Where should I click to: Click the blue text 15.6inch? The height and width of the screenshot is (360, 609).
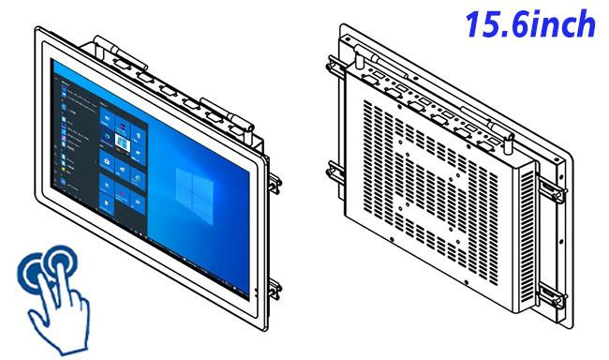(530, 24)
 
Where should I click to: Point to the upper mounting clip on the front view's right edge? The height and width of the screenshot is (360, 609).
(275, 184)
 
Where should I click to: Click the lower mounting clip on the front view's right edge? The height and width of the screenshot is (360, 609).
(275, 289)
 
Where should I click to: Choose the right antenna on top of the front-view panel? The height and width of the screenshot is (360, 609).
(229, 115)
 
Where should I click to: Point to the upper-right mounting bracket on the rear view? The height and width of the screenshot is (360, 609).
(552, 189)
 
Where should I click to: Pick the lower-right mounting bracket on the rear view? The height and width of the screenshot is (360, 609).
(552, 296)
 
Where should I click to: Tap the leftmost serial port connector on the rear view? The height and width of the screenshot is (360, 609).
(370, 80)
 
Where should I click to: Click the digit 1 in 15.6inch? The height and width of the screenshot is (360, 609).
(472, 24)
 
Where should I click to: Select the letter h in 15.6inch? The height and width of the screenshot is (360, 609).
(585, 24)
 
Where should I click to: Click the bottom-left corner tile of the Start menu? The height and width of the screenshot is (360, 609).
(107, 202)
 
